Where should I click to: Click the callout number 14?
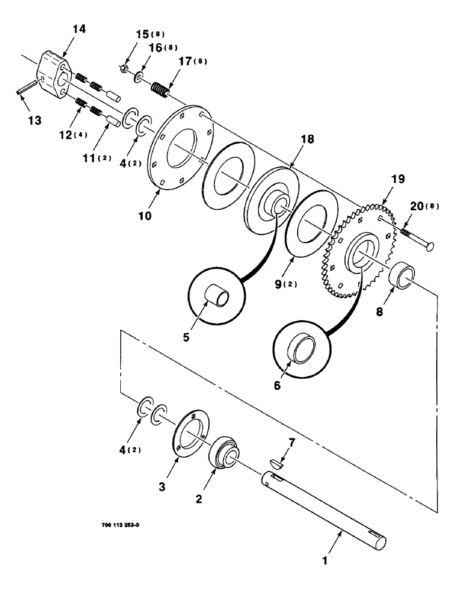tap(79, 29)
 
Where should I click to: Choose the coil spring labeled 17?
tap(158, 90)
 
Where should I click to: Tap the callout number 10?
tap(146, 216)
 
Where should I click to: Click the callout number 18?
tap(306, 139)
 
